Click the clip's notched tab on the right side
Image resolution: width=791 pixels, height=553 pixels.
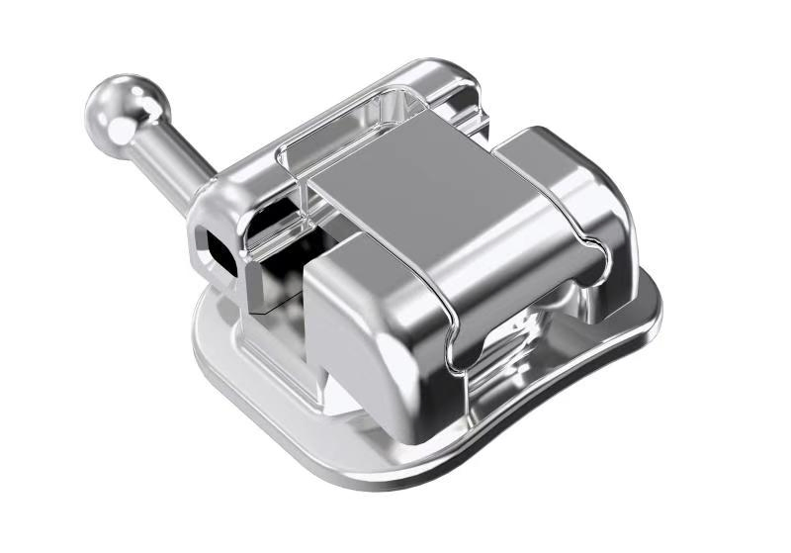(x=583, y=267)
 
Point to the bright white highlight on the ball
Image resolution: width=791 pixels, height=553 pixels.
(x=127, y=99)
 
